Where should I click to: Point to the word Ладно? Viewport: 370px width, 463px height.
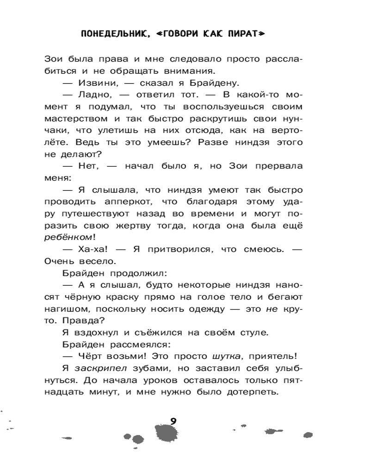(x=91, y=95)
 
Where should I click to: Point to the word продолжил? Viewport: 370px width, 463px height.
(x=132, y=274)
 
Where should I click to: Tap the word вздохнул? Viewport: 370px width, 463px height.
(x=92, y=333)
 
